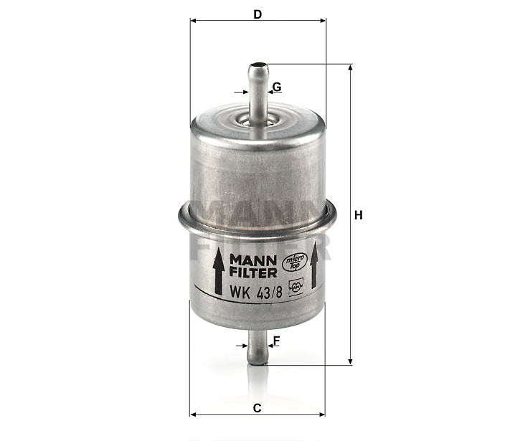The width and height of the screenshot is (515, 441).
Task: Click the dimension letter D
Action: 257,14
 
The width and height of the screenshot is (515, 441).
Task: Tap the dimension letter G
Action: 277,87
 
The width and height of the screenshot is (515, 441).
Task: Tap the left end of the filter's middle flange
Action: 180,215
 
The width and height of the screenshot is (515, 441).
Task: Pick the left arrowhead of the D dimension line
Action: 194,21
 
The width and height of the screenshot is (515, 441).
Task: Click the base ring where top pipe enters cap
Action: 257,121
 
